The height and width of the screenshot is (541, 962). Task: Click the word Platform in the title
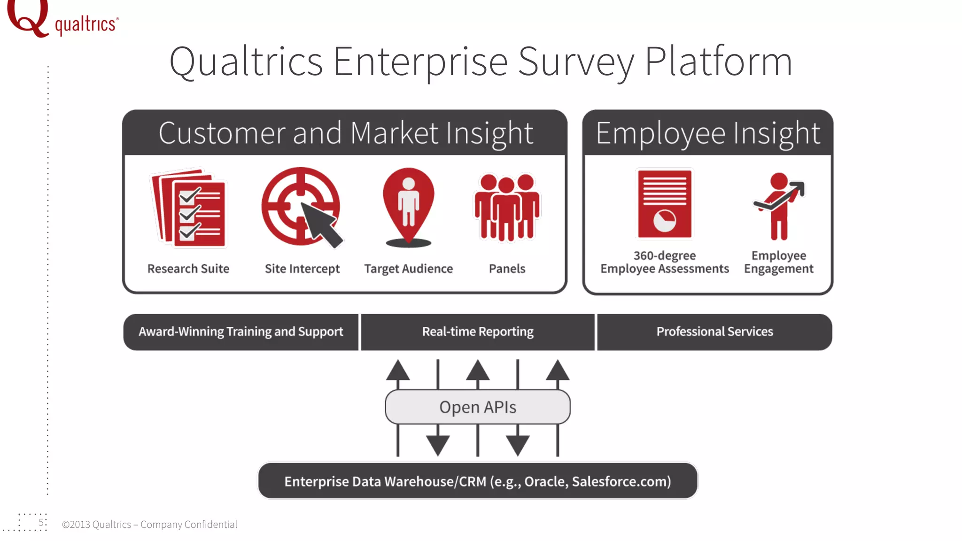tap(718, 62)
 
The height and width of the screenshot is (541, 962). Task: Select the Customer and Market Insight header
tap(345, 133)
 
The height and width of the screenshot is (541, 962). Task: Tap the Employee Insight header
tap(707, 133)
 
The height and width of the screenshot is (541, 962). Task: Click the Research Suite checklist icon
tap(189, 208)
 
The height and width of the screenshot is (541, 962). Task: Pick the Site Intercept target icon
tap(301, 207)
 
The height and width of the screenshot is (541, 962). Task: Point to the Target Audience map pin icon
tap(408, 207)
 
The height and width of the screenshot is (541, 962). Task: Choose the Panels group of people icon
tap(507, 207)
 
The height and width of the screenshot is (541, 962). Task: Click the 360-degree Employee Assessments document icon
tap(664, 204)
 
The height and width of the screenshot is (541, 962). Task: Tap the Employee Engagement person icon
tap(779, 206)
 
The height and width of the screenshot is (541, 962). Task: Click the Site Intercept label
tap(302, 269)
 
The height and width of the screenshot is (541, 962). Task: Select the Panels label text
tap(507, 269)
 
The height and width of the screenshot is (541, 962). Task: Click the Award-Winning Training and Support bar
tap(240, 332)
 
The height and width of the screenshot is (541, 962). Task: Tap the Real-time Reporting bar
tap(478, 332)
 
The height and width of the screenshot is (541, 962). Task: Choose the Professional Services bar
tap(714, 332)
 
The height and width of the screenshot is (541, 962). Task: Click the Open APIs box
tap(478, 407)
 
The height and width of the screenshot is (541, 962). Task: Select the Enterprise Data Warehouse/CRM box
tap(478, 481)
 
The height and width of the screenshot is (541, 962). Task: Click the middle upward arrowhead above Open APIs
tap(478, 371)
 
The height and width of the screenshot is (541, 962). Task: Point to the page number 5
tap(41, 523)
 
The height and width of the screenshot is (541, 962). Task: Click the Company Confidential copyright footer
tap(149, 525)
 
